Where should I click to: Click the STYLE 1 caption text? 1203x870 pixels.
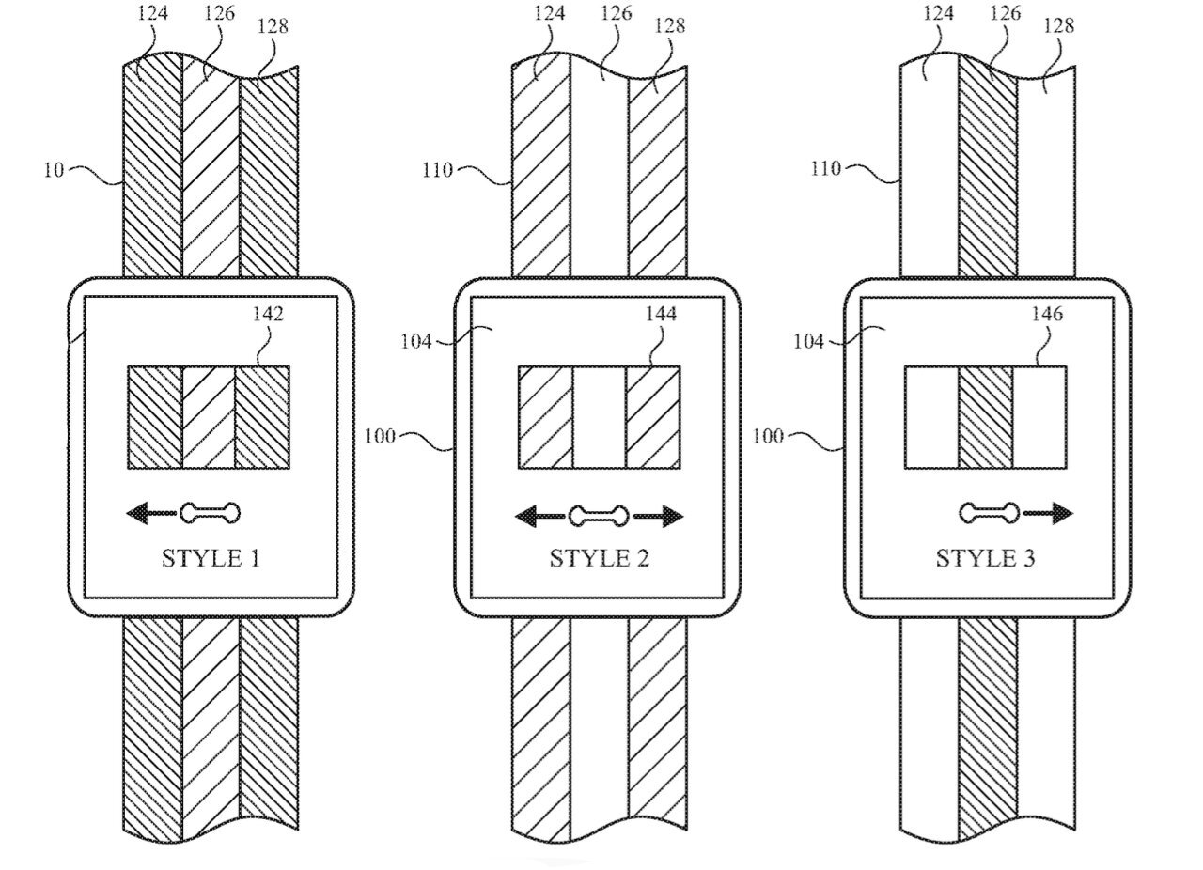coord(211,559)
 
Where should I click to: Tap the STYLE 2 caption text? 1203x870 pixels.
coord(599,559)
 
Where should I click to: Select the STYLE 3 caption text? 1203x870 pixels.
coord(985,559)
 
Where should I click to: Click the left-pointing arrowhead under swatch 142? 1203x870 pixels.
coord(139,513)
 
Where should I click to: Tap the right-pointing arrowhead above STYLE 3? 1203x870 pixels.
coord(1062,513)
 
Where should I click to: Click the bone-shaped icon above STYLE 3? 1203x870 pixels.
coord(989,513)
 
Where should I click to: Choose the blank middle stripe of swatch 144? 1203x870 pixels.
coord(599,417)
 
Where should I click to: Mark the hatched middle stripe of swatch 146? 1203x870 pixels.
coord(986,417)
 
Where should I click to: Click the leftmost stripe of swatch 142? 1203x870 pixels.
coord(154,417)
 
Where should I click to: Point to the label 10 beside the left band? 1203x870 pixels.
coord(55,171)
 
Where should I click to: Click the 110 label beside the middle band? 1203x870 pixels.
coord(438,170)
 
